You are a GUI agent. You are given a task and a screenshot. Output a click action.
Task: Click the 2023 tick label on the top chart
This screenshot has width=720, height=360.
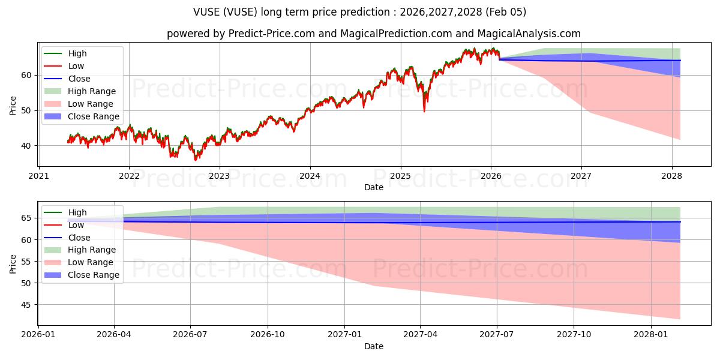pos(219,176)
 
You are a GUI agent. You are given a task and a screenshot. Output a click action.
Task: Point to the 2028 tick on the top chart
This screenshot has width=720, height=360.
pos(671,176)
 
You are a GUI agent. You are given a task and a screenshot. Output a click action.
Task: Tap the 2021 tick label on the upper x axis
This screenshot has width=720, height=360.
pos(38,176)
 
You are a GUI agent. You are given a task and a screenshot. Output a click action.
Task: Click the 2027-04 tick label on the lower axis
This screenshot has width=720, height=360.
pos(421,335)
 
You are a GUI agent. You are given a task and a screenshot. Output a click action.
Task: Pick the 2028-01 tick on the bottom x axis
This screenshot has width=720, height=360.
pos(650,335)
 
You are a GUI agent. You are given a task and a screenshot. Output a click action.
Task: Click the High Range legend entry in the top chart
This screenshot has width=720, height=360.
pos(91,91)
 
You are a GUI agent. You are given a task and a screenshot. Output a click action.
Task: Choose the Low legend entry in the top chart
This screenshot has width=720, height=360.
pos(76,66)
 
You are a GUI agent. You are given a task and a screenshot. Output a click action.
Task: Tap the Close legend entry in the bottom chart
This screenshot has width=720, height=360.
pos(79,238)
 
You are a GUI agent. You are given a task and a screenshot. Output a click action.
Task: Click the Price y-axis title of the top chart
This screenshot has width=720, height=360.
pos(13,105)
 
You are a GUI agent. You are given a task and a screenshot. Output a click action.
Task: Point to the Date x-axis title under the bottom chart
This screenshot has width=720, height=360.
pos(373,346)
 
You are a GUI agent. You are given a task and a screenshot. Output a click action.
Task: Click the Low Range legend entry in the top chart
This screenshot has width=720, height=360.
pos(90,104)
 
